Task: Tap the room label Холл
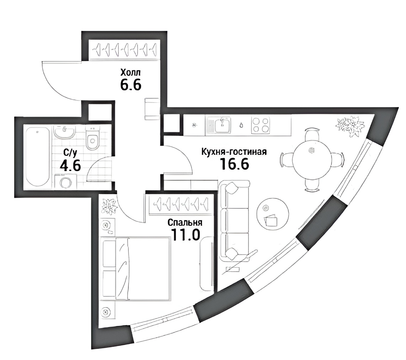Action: click(x=130, y=72)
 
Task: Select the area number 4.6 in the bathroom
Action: click(x=70, y=165)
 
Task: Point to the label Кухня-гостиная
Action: click(x=234, y=152)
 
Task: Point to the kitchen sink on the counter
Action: click(x=222, y=125)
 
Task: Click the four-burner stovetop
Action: click(x=260, y=125)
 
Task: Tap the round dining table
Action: click(x=312, y=160)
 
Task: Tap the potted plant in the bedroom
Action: click(x=109, y=206)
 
